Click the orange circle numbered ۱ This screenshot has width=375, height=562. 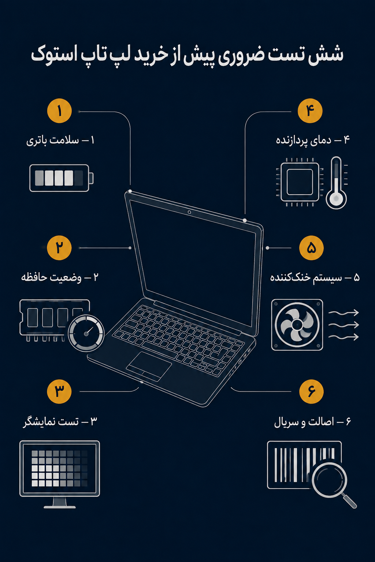pyautogui.click(x=60, y=111)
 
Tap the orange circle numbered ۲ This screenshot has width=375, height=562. pyautogui.click(x=59, y=248)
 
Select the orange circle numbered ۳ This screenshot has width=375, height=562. pyautogui.click(x=59, y=391)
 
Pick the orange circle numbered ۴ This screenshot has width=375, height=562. pyautogui.click(x=310, y=110)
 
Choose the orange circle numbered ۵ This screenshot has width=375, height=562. pyautogui.click(x=311, y=248)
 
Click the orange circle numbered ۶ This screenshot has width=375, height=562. pyautogui.click(x=311, y=391)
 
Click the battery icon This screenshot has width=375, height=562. pyautogui.click(x=62, y=178)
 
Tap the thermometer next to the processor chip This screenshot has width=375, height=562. pyautogui.click(x=336, y=183)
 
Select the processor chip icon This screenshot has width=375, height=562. pyautogui.click(x=300, y=182)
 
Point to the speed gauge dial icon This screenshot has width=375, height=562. pyautogui.click(x=86, y=333)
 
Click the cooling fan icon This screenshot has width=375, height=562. pyautogui.click(x=297, y=325)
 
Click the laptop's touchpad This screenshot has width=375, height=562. pyautogui.click(x=149, y=366)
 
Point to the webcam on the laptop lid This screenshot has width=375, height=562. pyautogui.click(x=189, y=212)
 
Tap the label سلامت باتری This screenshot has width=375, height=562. pyautogui.click(x=52, y=141)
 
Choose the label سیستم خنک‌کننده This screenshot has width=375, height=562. pyautogui.click(x=306, y=278)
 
